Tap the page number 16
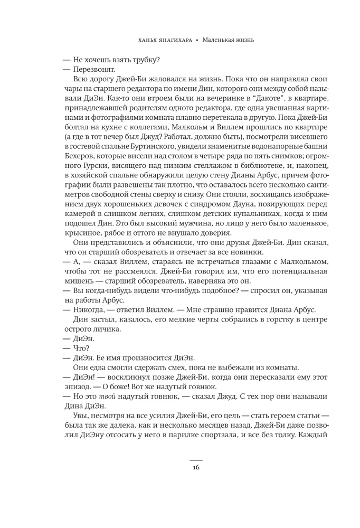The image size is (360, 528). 195,467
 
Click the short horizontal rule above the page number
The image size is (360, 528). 195,458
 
